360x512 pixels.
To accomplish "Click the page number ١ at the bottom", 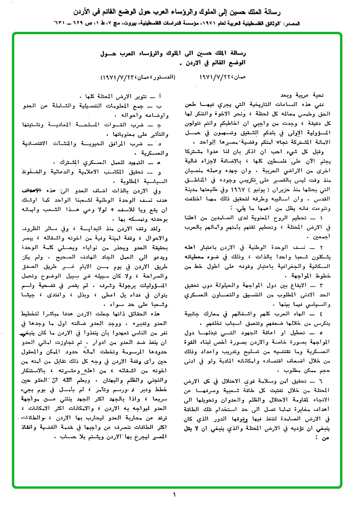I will click(x=174, y=496).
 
